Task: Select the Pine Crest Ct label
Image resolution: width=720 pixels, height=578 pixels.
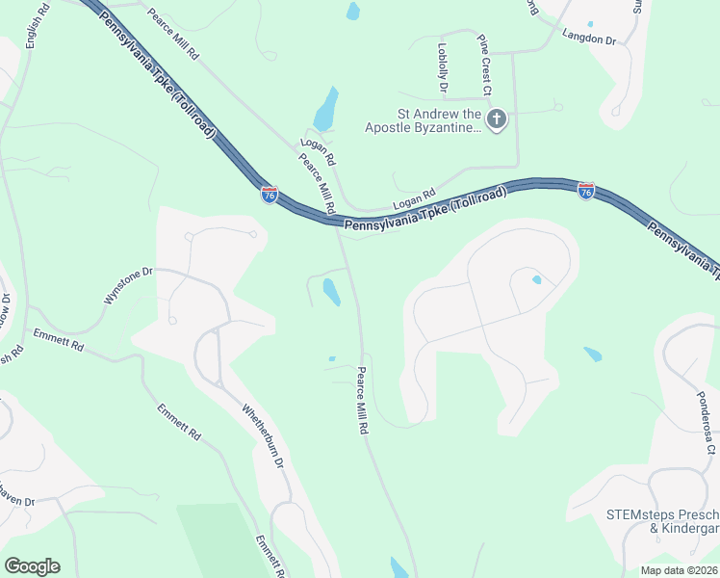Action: click(x=485, y=66)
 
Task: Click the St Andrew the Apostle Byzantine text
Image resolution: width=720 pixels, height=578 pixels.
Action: click(x=422, y=126)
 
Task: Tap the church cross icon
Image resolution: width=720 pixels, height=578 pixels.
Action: click(x=496, y=120)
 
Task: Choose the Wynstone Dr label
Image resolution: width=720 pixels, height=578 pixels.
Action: click(x=128, y=286)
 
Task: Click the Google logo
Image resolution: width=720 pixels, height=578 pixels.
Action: click(x=32, y=565)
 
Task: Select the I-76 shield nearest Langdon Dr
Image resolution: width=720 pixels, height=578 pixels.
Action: click(x=585, y=191)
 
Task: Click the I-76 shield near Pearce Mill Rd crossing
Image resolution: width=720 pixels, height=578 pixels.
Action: click(x=270, y=195)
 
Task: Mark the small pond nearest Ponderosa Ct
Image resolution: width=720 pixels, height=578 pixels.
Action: click(x=592, y=354)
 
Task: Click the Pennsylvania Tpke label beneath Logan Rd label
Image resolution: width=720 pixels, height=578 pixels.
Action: click(x=424, y=211)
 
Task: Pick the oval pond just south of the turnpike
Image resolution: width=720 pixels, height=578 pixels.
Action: click(x=331, y=291)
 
